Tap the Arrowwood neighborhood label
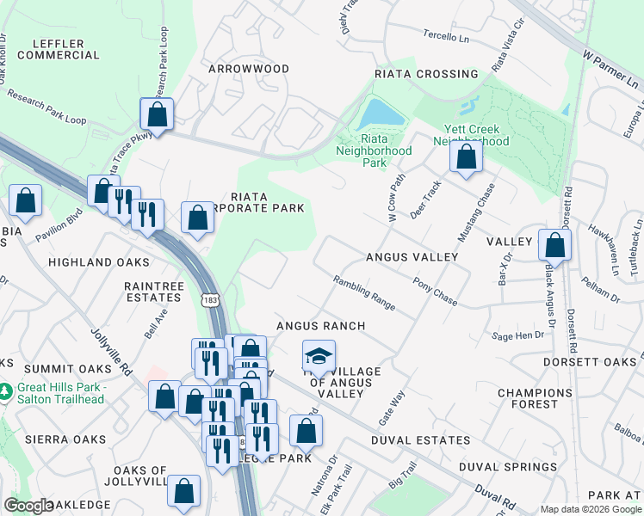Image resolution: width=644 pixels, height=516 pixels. coord(248,68)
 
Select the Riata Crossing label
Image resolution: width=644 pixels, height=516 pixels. coord(426,74)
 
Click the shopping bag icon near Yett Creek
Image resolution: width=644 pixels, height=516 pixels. coord(466,157)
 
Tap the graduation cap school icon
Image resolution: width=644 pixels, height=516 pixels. coord(319,356)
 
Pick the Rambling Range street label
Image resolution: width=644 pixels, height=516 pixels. coord(365,292)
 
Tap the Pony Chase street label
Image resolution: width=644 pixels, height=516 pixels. coord(435,291)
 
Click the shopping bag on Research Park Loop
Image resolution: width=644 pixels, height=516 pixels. coord(158,114)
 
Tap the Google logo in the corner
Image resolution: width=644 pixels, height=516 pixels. coord(29,506)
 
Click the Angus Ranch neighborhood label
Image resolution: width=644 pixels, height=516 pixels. coord(320,326)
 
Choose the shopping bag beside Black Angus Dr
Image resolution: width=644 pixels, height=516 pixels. coord(554,245)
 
